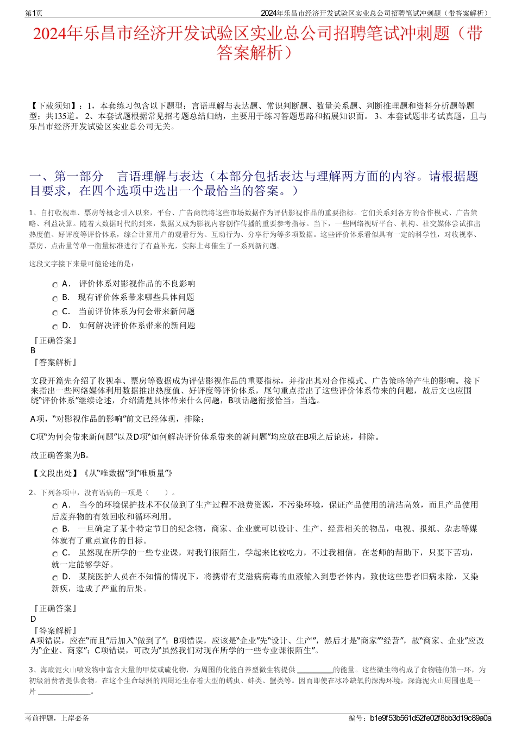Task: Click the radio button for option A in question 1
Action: click(x=55, y=285)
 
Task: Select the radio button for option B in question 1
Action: click(x=55, y=298)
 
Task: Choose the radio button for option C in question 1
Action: click(x=55, y=313)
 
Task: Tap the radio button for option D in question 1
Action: click(x=55, y=327)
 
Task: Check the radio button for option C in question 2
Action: click(x=55, y=554)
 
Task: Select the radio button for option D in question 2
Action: click(x=55, y=578)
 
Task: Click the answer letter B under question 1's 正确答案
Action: click(x=33, y=351)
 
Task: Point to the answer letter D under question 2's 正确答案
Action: click(x=33, y=619)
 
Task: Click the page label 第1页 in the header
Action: click(x=34, y=13)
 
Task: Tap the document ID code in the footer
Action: click(x=430, y=718)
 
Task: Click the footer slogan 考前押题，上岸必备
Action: click(x=57, y=718)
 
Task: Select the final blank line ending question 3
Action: click(x=64, y=692)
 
